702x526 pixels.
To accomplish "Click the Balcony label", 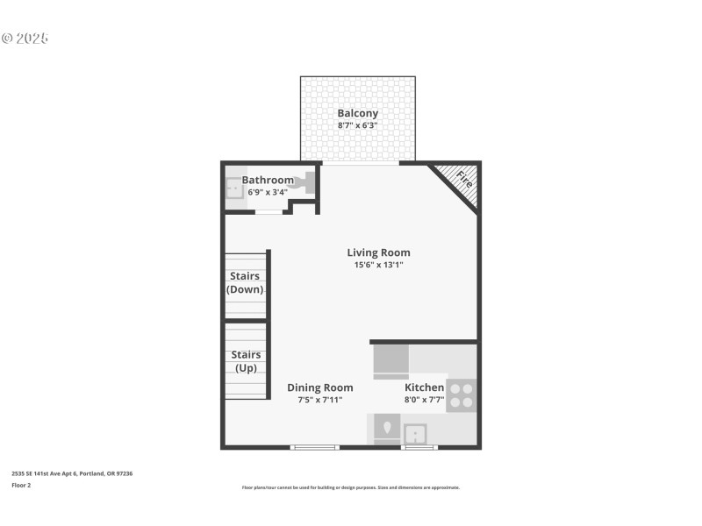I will coord(358,113).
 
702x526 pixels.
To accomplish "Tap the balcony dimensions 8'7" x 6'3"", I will coord(358,125).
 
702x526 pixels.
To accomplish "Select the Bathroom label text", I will coord(268,180).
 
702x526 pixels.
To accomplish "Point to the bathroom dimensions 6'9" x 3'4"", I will coord(268,191).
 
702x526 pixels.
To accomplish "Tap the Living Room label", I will coord(378,252).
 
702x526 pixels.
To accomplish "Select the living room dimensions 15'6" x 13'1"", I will coord(378,264).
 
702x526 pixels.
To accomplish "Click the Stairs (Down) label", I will coord(245,282).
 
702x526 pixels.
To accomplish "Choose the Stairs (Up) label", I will coord(246,361).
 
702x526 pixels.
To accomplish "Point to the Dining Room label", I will coord(320,387).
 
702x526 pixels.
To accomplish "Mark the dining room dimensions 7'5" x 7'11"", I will coord(320,399).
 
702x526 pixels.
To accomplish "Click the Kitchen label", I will coord(424,387).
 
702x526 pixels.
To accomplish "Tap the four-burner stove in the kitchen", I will coord(462,395).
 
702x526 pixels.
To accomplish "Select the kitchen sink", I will coord(415,432).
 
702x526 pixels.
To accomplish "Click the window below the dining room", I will coord(314,447).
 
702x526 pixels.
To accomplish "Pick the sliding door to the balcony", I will coord(360,163).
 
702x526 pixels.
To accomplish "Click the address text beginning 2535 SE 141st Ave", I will coord(72,473).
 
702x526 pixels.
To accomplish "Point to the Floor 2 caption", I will coord(21,485).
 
